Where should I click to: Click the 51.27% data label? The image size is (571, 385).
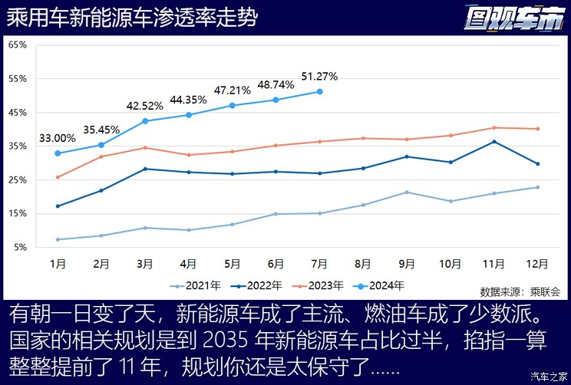point(319,76)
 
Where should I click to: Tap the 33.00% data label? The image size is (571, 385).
point(58,138)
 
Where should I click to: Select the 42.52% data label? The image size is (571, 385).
point(145,106)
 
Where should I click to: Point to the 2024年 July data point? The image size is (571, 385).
point(319,91)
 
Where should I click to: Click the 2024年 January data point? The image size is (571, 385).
point(58,153)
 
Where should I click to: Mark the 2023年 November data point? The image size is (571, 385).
point(494,127)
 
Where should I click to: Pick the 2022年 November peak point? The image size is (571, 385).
point(494,141)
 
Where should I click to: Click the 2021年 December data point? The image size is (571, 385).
point(537,187)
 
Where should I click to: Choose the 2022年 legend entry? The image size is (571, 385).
point(259,286)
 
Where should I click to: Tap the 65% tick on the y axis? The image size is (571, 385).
point(17,44)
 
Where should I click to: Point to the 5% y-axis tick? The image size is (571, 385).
point(19,248)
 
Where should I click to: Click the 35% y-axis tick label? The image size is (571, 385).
point(17,146)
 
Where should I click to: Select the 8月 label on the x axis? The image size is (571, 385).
point(363,263)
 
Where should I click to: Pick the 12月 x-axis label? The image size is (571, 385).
point(537,263)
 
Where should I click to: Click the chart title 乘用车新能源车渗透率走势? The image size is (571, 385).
point(132,18)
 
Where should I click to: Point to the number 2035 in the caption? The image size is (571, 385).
point(227,339)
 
